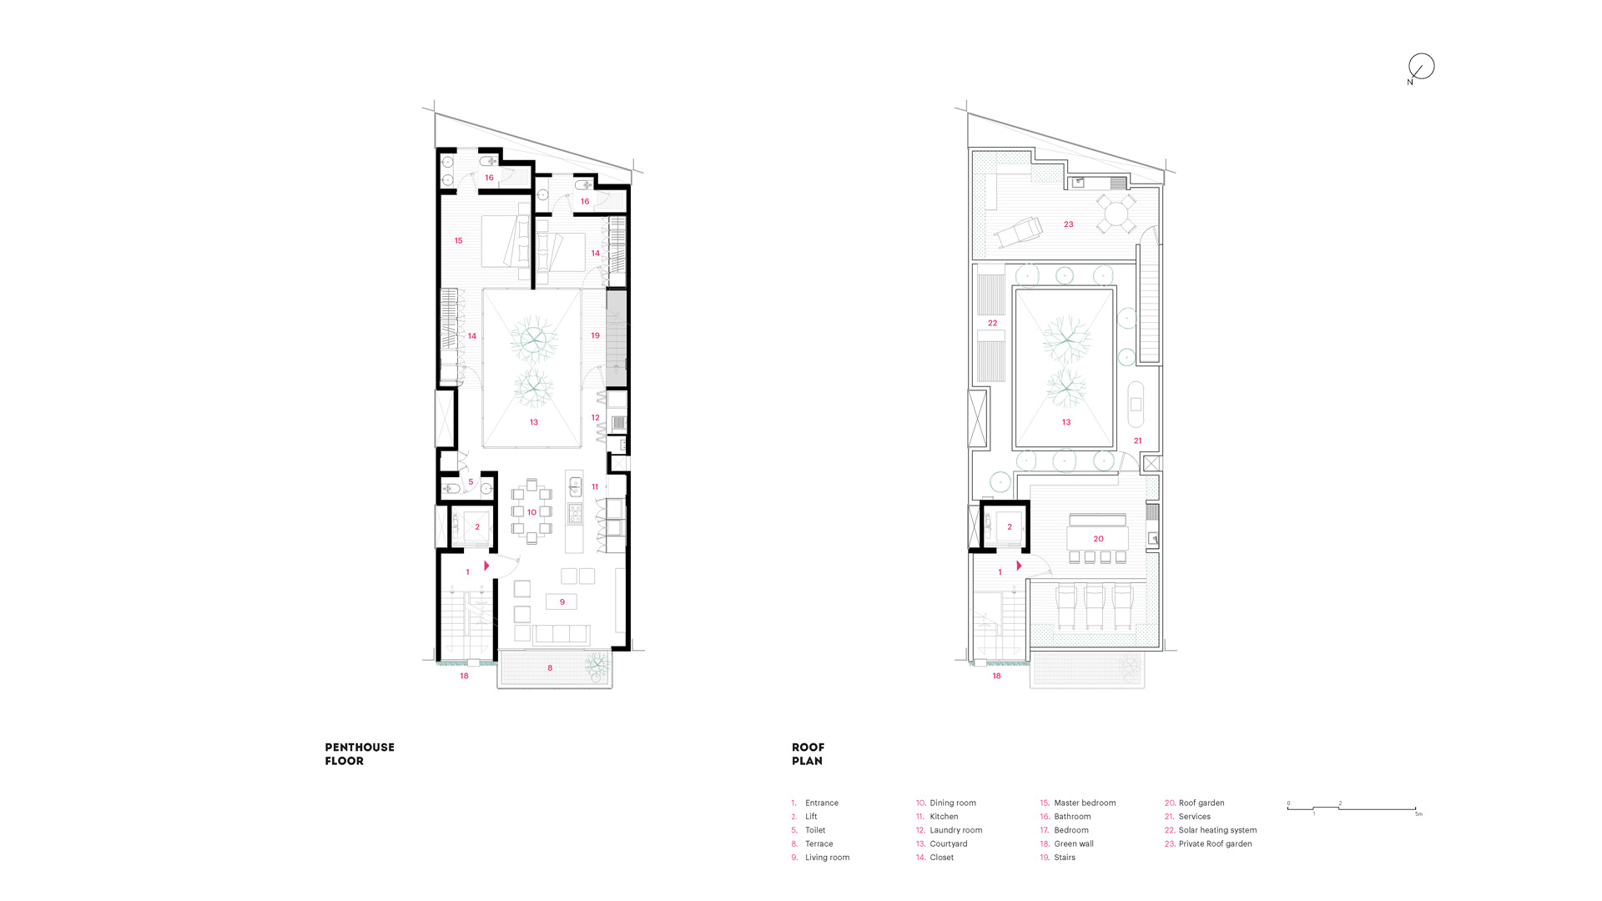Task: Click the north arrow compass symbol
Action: [x=1421, y=67]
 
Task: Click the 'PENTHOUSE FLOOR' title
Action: [x=360, y=754]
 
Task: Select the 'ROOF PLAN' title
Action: [x=808, y=754]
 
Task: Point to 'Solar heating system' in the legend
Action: [x=1217, y=830]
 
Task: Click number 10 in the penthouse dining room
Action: [x=531, y=512]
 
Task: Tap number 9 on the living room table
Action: [x=562, y=602]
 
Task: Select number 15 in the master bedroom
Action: [x=458, y=240]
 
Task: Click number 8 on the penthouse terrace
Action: [x=550, y=667]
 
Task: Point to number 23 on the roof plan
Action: [x=1068, y=224]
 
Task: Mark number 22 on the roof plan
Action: [x=992, y=323]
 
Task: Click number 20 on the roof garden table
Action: [x=1098, y=539]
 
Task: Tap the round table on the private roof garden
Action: [x=1116, y=214]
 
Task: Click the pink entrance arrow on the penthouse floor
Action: [x=486, y=566]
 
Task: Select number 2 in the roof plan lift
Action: [x=1010, y=526]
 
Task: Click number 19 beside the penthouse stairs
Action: [x=595, y=335]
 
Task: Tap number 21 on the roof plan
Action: [x=1137, y=440]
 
